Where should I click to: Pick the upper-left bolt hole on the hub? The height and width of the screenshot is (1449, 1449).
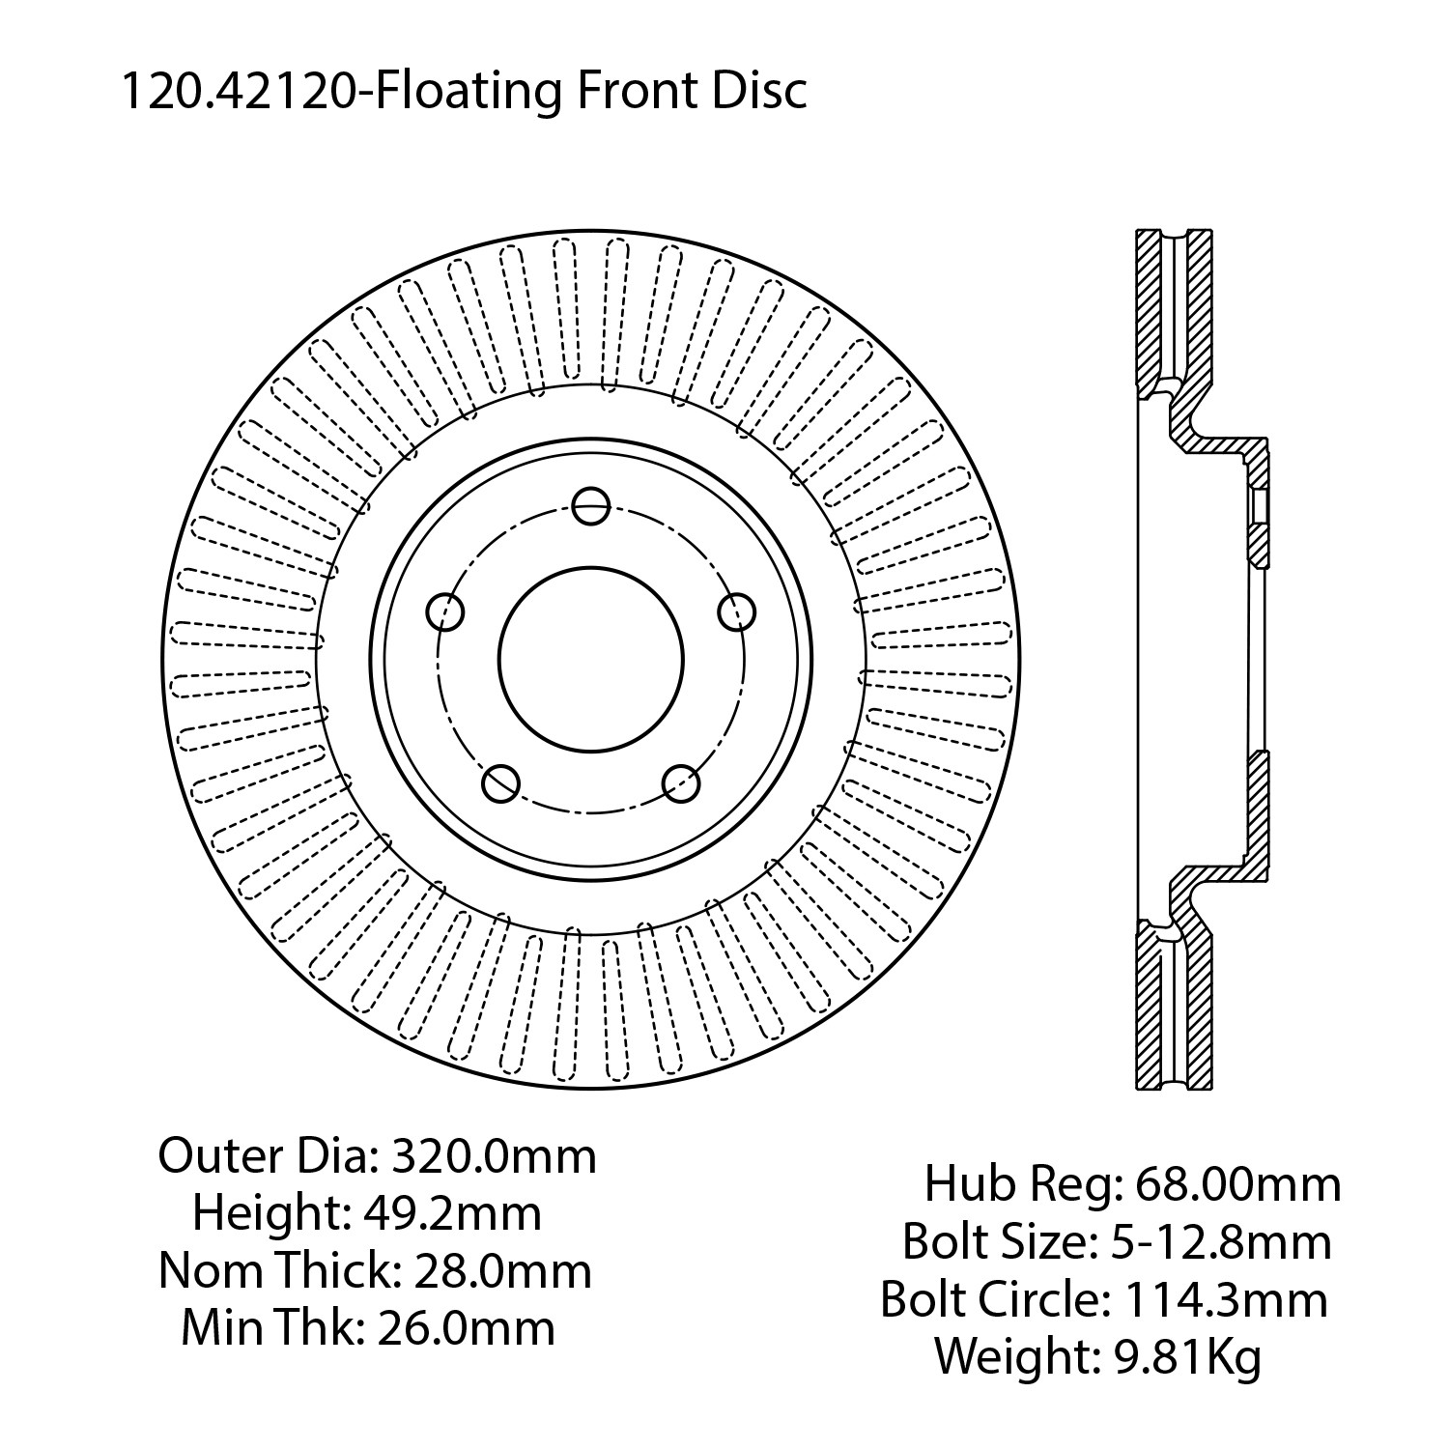pos(445,611)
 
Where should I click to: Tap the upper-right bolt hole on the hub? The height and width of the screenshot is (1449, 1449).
pos(736,611)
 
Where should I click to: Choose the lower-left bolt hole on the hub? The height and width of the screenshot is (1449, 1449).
pos(500,782)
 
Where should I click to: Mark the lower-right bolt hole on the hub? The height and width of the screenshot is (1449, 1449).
pos(681,782)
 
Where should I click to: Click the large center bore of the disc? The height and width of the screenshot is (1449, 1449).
pos(591,660)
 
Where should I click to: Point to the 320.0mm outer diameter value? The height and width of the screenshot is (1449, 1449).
pos(492,1155)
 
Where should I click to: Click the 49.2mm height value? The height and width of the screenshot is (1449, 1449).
pos(450,1212)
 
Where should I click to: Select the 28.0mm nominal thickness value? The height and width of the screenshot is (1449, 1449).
pos(502,1270)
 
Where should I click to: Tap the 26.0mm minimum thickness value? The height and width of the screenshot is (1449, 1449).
pos(466,1328)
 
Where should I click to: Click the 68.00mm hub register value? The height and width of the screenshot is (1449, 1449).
pos(1237,1183)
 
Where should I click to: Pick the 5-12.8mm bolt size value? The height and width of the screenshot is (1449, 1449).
pos(1219,1241)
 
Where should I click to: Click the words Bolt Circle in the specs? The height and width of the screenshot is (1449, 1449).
pos(989,1299)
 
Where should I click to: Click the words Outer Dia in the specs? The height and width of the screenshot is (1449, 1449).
pos(265,1155)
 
